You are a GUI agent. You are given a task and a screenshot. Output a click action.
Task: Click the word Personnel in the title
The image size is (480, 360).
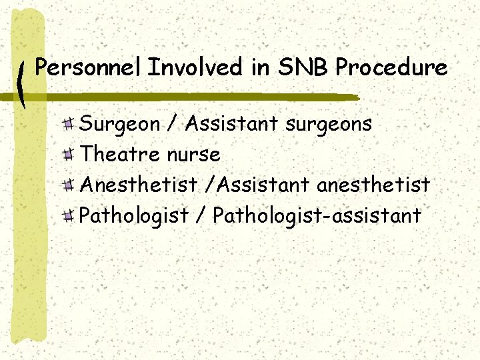tap(88, 67)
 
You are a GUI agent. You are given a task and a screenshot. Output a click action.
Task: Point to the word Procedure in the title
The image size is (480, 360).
tap(391, 67)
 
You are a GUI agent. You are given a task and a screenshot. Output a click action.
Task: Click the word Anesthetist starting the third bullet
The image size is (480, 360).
tap(138, 185)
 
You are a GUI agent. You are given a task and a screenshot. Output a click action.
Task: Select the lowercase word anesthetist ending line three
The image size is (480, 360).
tap(373, 185)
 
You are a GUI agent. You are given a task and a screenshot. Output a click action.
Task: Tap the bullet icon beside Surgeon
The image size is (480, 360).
tap(69, 124)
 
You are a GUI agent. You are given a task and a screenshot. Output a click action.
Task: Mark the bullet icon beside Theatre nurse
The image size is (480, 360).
tap(69, 155)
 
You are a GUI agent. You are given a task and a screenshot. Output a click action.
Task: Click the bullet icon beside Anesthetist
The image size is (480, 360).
tap(69, 185)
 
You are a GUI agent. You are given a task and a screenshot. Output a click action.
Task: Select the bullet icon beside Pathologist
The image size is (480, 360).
tap(69, 215)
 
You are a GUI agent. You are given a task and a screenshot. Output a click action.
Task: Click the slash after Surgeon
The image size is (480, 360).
tap(173, 124)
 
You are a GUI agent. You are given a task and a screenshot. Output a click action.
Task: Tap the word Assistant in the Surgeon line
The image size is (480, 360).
tap(231, 123)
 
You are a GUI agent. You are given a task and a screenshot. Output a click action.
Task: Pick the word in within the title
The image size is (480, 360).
tap(263, 67)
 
